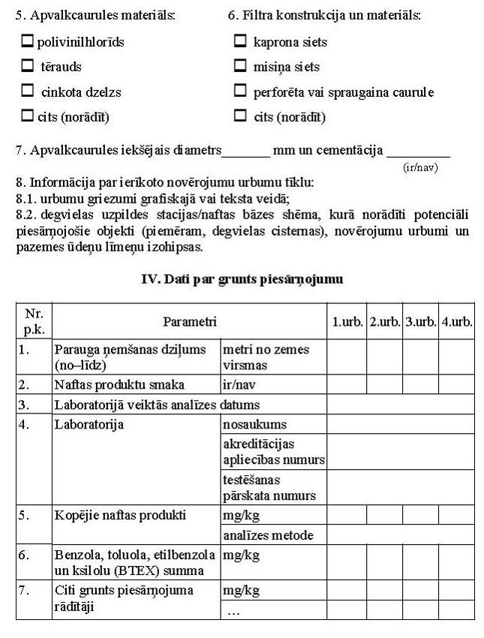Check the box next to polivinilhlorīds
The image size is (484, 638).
click(29, 42)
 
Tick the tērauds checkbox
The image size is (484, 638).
click(29, 67)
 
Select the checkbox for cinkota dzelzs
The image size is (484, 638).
click(29, 92)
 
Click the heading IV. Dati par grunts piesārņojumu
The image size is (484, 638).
click(242, 279)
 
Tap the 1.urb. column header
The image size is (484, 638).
click(347, 321)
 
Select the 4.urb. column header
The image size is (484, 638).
click(456, 321)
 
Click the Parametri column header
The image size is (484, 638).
click(190, 321)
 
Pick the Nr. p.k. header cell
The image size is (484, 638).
click(34, 321)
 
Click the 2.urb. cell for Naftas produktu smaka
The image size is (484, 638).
click(384, 385)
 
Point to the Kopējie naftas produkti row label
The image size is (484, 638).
click(120, 516)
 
